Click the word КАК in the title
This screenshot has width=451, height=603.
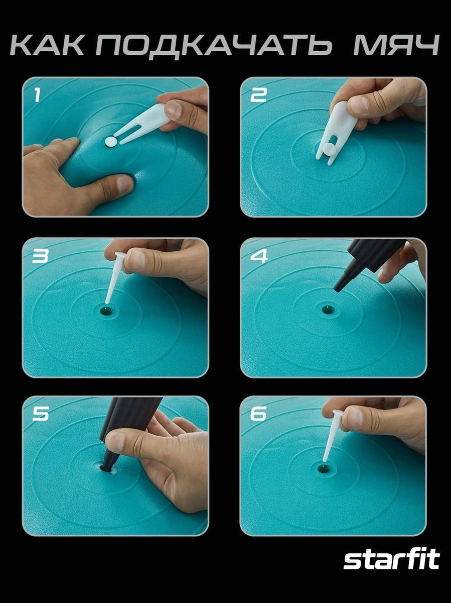(47, 45)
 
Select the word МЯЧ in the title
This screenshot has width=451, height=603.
(396, 45)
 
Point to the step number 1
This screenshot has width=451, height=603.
(37, 95)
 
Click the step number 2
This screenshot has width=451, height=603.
(258, 95)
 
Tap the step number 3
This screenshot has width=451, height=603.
(40, 256)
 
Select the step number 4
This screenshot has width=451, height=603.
(258, 256)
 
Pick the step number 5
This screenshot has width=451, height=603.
(40, 414)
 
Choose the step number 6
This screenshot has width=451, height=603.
(258, 414)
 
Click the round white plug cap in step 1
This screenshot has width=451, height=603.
(111, 142)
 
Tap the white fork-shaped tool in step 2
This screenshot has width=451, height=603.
(338, 132)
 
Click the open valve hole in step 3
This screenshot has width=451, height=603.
(107, 311)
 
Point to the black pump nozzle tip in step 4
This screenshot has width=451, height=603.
(338, 287)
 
